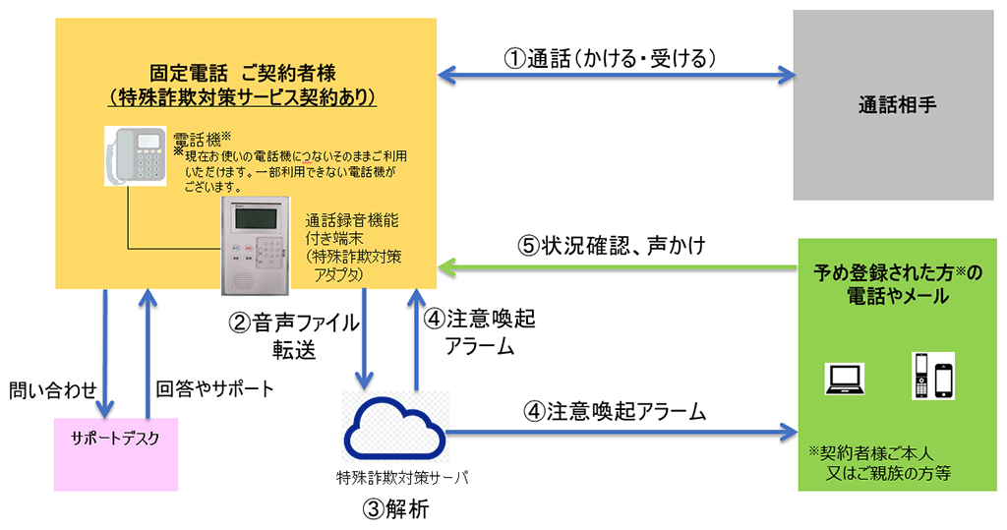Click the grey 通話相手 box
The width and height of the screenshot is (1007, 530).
coord(893,105)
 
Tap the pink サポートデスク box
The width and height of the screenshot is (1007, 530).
coord(116,454)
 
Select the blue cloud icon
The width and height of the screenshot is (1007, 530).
coord(395,427)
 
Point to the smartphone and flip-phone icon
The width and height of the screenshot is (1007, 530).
coord(933,376)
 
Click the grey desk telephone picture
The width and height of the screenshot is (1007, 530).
coord(136,156)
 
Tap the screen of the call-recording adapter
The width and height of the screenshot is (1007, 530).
coord(255,218)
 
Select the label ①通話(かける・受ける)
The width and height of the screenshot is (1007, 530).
coord(610,58)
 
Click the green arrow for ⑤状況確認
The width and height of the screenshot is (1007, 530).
coord(618,267)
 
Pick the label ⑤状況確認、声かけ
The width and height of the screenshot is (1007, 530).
coord(612,246)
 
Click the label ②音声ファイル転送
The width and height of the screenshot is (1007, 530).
coord(293,335)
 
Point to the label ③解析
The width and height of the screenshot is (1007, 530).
coord(395,509)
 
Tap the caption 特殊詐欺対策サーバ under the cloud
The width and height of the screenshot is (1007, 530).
coord(402,478)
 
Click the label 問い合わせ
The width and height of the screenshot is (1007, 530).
coord(53,389)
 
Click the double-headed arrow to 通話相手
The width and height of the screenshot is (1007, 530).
coord(617,75)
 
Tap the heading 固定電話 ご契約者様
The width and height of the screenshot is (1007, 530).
coord(243,73)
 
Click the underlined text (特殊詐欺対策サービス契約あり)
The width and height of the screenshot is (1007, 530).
coord(243,97)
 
